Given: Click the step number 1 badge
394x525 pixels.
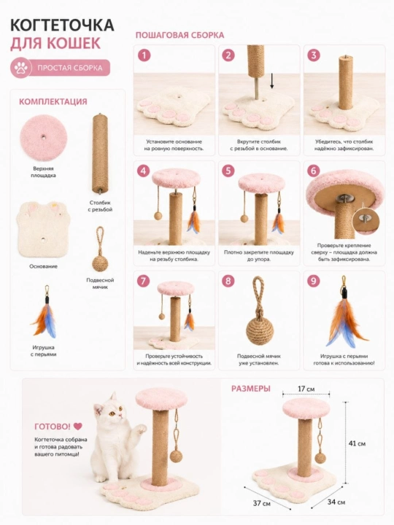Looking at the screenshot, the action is click(144, 55).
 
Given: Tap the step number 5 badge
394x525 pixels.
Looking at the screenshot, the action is click(228, 171).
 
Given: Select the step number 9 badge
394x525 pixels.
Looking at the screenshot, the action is click(313, 281).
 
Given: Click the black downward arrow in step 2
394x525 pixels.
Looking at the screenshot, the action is click(271, 81).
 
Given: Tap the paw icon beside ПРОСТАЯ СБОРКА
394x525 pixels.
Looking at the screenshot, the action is click(20, 68).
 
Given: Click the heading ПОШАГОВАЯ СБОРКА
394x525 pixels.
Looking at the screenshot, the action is click(179, 35).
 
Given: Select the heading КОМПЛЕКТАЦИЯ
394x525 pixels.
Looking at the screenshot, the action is click(53, 102).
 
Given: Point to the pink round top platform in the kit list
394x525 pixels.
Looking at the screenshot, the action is click(43, 137).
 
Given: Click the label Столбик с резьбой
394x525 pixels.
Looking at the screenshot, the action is click(100, 206).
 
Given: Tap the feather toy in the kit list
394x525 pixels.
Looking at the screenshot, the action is click(45, 311).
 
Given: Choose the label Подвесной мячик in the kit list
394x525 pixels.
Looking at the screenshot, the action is click(100, 283).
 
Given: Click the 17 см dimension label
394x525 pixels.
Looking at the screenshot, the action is click(306, 389).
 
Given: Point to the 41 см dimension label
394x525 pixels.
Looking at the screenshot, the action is click(357, 443).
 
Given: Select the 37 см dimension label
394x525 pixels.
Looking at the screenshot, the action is click(262, 503).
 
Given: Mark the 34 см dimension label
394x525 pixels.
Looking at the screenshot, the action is click(336, 502).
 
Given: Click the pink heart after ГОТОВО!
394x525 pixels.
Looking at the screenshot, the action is click(78, 427).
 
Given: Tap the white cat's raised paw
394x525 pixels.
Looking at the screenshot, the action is click(142, 429).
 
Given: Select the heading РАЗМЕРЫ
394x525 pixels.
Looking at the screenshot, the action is click(250, 389).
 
